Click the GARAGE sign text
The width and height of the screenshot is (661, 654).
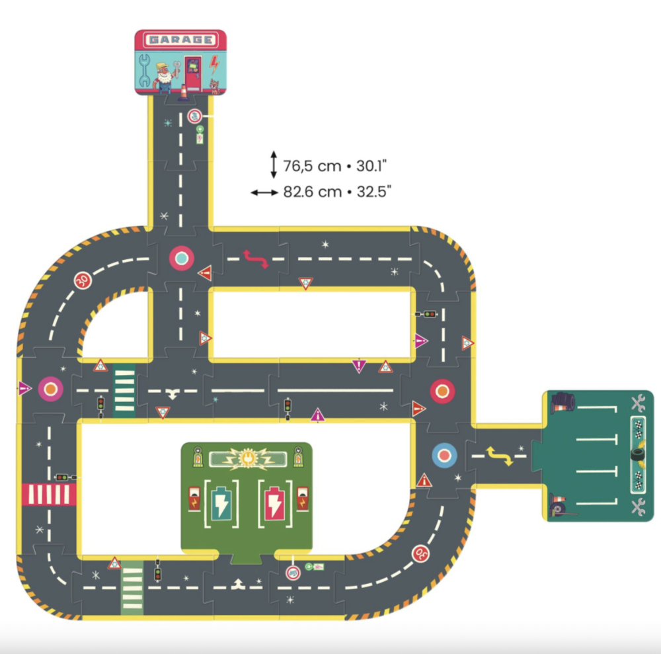click(x=180, y=40)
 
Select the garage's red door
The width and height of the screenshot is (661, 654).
click(x=193, y=73)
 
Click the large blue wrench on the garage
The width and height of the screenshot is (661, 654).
click(x=145, y=70)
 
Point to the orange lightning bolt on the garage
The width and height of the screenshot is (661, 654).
click(x=214, y=65)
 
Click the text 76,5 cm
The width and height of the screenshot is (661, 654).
click(x=312, y=166)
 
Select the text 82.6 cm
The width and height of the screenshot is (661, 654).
click(x=313, y=192)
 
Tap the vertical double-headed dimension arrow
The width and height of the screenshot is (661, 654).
click(x=274, y=165)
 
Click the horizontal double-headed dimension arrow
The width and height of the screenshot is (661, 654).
click(x=264, y=192)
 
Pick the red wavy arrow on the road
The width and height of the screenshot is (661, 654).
click(x=255, y=259)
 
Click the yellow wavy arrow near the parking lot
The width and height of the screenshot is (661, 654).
click(x=499, y=456)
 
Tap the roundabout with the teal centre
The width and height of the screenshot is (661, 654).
click(x=182, y=258)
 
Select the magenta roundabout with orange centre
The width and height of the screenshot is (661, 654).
click(x=51, y=389)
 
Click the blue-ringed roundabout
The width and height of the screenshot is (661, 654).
click(x=444, y=456)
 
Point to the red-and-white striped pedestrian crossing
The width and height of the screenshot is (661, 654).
click(x=50, y=494)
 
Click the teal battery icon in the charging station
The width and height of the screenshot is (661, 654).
click(x=221, y=503)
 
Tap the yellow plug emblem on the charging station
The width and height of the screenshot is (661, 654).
click(x=247, y=458)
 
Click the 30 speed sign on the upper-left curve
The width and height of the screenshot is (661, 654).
click(x=83, y=280)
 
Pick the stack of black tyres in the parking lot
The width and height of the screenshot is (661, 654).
click(x=563, y=401)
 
